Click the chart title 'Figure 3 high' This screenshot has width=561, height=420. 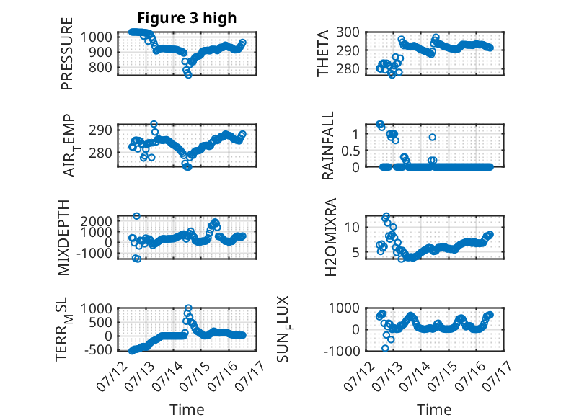click(187, 18)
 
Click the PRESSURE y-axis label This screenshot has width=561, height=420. click(67, 53)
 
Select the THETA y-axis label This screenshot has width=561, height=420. click(323, 53)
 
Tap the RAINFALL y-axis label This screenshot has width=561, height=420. click(327, 146)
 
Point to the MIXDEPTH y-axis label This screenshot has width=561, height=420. click(63, 238)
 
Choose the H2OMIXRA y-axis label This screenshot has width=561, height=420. click(330, 237)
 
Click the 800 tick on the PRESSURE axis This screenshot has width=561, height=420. click(100, 67)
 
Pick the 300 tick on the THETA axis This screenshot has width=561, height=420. click(348, 32)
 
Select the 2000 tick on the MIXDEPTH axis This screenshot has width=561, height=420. click(96, 221)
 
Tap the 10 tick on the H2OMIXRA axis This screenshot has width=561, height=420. click(352, 227)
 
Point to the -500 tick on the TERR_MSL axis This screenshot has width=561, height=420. click(98, 349)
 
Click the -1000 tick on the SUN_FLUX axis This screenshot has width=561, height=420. click(342, 351)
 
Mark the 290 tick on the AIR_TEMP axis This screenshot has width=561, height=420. click(100, 130)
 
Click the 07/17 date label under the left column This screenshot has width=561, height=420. click(251, 375)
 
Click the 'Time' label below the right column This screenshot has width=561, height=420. click(434, 409)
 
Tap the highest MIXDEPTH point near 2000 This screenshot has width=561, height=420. click(137, 216)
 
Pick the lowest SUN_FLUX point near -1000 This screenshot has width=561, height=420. click(385, 348)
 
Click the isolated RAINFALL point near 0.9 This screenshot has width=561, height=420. click(433, 138)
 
